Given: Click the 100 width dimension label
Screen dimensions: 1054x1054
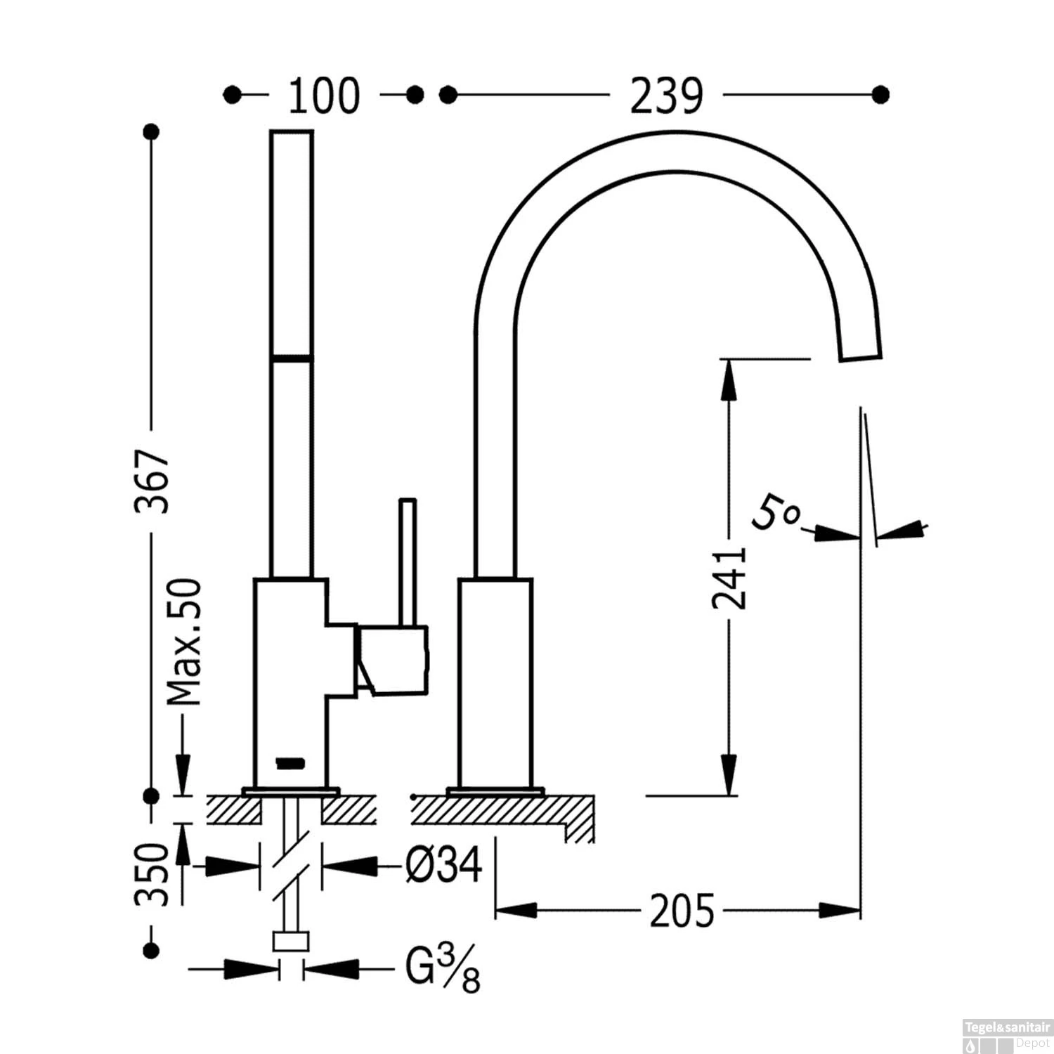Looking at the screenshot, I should click(324, 96).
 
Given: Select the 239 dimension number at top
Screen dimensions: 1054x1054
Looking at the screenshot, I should click(665, 96).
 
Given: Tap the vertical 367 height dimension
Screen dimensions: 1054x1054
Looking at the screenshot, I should click(152, 481).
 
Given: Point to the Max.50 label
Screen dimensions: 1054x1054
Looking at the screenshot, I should click(184, 642).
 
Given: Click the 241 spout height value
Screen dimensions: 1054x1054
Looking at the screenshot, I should click(729, 578).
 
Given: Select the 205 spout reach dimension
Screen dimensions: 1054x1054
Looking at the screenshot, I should click(681, 911).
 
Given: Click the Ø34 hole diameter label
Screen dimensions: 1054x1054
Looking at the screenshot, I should click(444, 864).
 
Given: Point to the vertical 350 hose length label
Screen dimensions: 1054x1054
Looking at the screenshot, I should click(152, 875).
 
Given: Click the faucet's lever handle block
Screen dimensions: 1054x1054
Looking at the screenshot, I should click(391, 660).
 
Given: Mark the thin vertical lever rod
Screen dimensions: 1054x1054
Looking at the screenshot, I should click(408, 561).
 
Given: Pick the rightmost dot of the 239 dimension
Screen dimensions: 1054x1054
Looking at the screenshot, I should click(880, 94).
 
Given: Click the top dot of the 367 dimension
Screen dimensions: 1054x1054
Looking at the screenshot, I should click(150, 131).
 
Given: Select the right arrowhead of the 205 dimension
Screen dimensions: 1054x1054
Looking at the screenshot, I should click(840, 911).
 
